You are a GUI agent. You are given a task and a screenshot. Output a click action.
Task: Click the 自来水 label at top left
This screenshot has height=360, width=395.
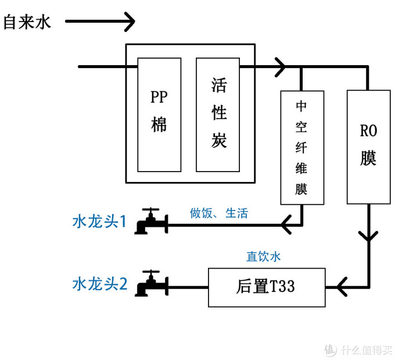pos(27,23)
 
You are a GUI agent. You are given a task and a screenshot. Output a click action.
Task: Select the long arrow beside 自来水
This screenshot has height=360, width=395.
pos(100,22)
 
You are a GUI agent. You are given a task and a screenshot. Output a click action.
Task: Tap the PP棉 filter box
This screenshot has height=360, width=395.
pos(159,115)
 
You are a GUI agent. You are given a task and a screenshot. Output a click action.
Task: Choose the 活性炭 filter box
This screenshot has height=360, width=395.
pos(218,115)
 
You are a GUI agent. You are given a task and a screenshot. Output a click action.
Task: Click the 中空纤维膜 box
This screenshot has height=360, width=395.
pos(301,147)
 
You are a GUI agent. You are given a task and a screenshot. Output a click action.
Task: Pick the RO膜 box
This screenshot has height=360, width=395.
pos(368,147)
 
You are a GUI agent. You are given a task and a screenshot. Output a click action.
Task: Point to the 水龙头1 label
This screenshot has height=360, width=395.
pos(99,222)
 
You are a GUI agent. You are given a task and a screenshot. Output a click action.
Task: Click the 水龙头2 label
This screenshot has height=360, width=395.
pos(99,284)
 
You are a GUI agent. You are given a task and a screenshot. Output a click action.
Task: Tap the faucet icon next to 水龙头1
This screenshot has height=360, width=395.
pos(150,222)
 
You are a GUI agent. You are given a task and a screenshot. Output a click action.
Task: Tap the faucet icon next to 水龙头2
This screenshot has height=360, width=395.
pos(150,284)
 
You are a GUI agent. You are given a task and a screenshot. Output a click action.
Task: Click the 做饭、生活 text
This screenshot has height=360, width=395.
pos(219,213)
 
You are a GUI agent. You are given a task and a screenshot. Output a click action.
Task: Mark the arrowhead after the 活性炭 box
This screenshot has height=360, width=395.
pos(280,67)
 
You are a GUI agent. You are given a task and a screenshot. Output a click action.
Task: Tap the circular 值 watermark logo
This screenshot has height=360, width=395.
pos(330,350)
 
